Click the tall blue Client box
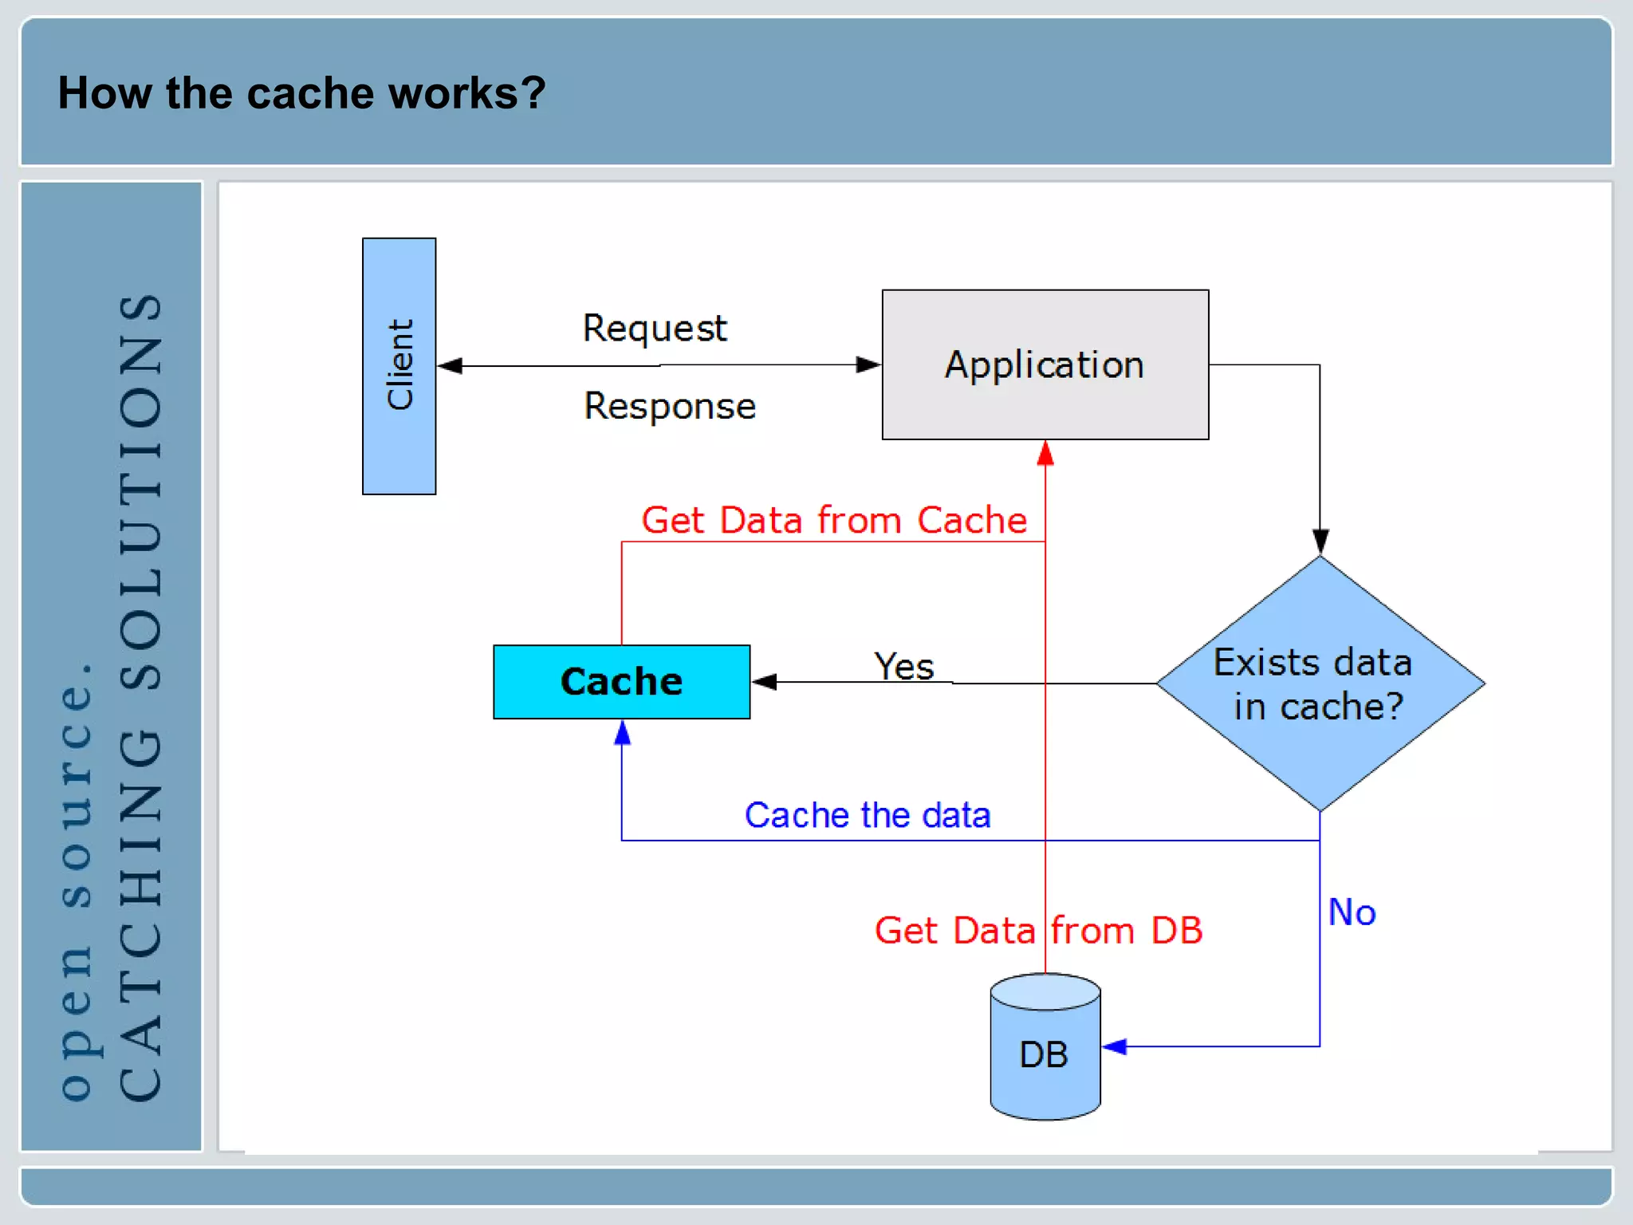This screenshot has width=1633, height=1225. (399, 366)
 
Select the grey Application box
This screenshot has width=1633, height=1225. (1045, 364)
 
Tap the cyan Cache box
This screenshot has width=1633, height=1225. (621, 682)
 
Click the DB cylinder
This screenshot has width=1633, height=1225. (1045, 1053)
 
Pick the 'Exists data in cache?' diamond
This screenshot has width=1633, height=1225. (1320, 684)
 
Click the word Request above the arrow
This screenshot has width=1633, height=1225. (655, 328)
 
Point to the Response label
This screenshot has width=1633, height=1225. (670, 406)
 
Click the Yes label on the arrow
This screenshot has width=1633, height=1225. (903, 666)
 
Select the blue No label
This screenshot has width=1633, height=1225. (1352, 912)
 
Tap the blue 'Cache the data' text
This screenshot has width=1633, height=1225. (868, 815)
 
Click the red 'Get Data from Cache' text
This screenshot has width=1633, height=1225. (834, 520)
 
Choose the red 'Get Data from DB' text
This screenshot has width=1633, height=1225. (1038, 930)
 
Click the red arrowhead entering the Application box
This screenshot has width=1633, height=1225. (1045, 453)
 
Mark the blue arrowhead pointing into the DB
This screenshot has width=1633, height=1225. (1115, 1046)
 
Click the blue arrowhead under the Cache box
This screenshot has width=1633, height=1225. (622, 732)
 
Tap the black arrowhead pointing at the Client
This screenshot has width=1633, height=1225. (450, 365)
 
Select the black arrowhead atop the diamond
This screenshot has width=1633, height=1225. (1320, 542)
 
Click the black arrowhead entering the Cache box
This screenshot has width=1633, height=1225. (764, 682)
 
